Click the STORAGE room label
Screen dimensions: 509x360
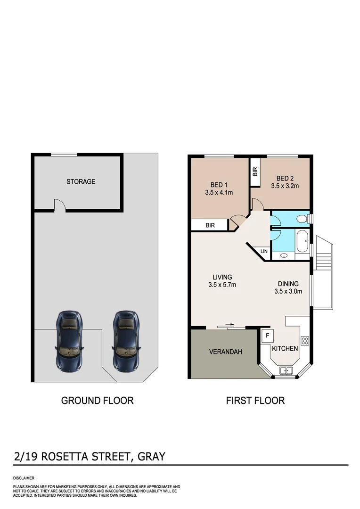click(x=81, y=181)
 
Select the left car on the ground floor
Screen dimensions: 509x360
click(x=69, y=339)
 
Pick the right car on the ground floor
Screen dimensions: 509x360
click(x=126, y=339)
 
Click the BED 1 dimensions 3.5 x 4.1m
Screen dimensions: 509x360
click(x=219, y=192)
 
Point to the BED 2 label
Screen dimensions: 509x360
click(x=285, y=178)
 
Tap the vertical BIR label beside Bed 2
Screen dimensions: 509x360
click(x=255, y=172)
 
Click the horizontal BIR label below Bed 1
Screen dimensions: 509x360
click(x=210, y=226)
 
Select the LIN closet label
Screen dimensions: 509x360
click(x=264, y=251)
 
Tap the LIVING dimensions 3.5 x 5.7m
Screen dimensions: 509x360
click(x=222, y=285)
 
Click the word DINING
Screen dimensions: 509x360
click(x=288, y=284)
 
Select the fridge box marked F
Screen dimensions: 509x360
click(x=268, y=336)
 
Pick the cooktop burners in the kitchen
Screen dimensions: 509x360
click(x=304, y=340)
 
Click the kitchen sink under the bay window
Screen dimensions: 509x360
click(x=286, y=370)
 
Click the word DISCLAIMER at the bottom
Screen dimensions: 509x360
click(x=24, y=478)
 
